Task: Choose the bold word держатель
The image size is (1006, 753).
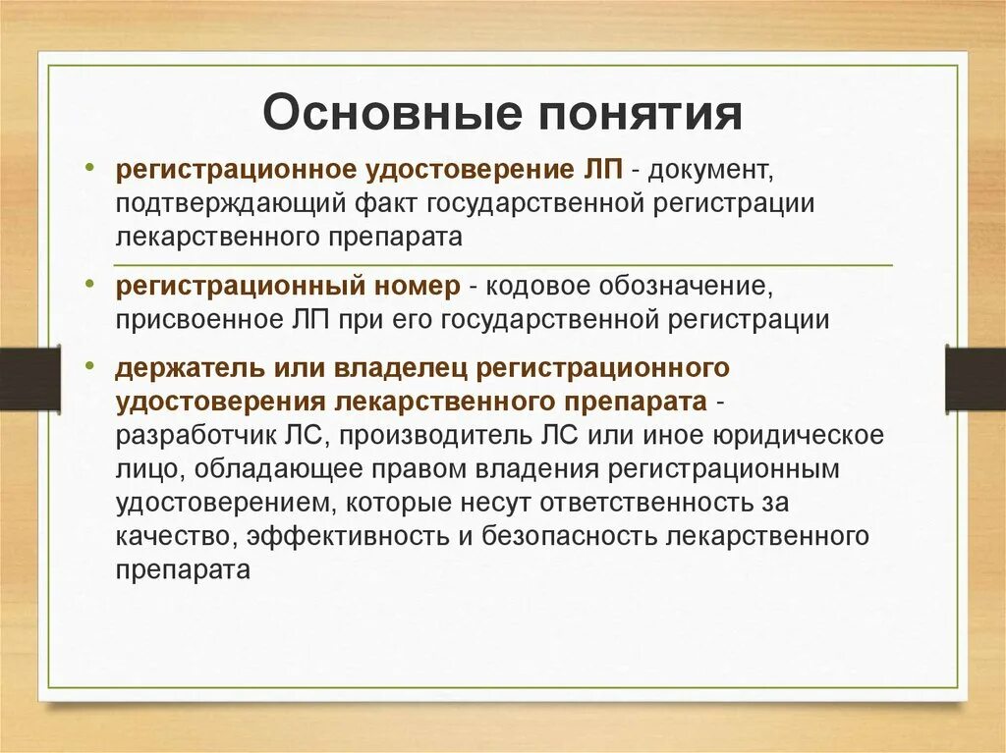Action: (177, 368)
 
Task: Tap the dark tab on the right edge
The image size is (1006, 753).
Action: (975, 378)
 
